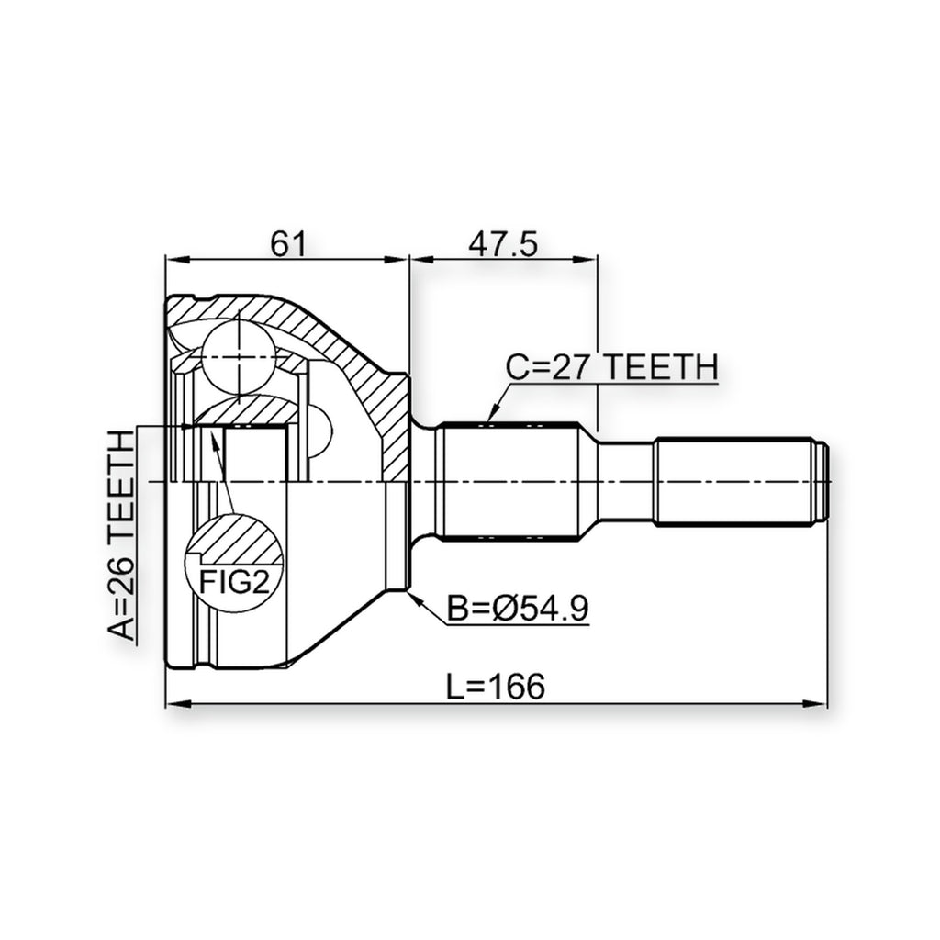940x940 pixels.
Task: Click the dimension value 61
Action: (x=288, y=244)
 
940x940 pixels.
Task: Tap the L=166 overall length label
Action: (x=496, y=687)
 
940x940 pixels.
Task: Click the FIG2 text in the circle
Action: (x=234, y=581)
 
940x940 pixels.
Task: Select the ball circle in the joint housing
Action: (x=238, y=357)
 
